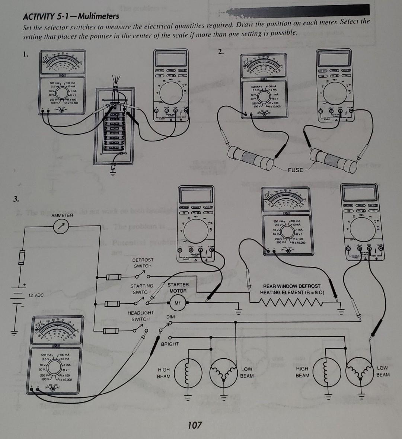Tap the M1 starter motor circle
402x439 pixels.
pyautogui.click(x=178, y=303)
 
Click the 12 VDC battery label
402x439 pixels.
pyautogui.click(x=36, y=295)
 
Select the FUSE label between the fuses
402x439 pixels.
pyautogui.click(x=295, y=170)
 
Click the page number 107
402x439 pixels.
pyautogui.click(x=195, y=424)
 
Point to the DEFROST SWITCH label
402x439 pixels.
pyautogui.click(x=143, y=263)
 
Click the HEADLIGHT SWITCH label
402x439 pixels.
pyautogui.click(x=140, y=316)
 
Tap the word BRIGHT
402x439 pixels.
pyautogui.click(x=170, y=344)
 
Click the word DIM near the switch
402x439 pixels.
pyautogui.click(x=170, y=317)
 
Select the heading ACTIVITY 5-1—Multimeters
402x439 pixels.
pyautogui.click(x=71, y=16)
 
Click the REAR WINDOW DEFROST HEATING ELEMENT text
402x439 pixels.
pyautogui.click(x=291, y=289)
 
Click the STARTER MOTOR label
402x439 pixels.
pyautogui.click(x=178, y=288)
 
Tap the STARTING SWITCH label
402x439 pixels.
pyautogui.click(x=141, y=289)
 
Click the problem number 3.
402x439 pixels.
pyautogui.click(x=15, y=198)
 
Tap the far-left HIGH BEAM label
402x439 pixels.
pyautogui.click(x=164, y=373)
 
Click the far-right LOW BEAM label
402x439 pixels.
pyautogui.click(x=383, y=371)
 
